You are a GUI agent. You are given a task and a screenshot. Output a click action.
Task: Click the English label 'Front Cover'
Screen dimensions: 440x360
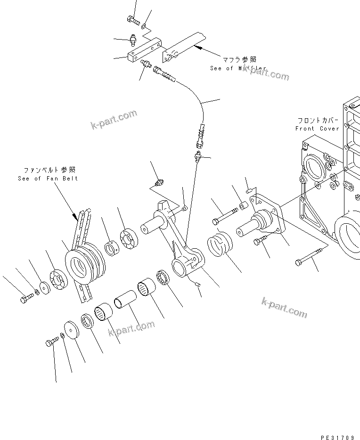pyautogui.click(x=317, y=129)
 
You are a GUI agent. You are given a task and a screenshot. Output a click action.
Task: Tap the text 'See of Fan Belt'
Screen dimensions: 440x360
pyautogui.click(x=48, y=178)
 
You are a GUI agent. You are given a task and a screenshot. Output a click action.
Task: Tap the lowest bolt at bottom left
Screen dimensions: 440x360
pyautogui.click(x=51, y=343)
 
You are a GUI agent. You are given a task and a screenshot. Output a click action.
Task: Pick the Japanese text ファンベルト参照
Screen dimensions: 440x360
pyautogui.click(x=50, y=170)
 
